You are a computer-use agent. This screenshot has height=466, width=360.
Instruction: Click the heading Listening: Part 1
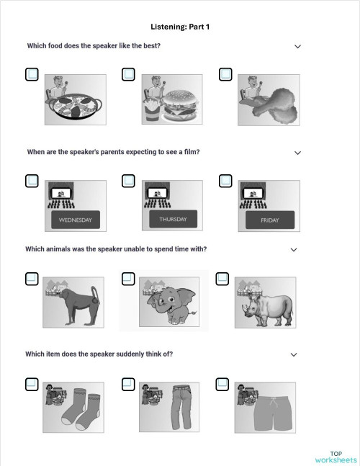180,27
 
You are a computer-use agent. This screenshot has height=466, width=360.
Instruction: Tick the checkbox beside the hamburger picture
128,74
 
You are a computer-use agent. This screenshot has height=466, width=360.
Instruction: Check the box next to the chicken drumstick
225,74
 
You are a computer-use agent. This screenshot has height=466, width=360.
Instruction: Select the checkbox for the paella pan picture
32,74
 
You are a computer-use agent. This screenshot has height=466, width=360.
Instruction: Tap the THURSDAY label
173,219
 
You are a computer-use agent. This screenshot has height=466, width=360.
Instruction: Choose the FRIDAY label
269,220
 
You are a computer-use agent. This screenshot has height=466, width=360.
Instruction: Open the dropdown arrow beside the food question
297,47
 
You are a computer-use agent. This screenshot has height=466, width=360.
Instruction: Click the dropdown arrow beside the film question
297,153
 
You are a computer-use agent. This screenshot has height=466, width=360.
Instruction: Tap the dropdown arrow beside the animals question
293,250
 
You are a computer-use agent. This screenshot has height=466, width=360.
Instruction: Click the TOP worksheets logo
336,457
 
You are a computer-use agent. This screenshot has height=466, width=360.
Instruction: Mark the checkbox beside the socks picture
32,384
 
